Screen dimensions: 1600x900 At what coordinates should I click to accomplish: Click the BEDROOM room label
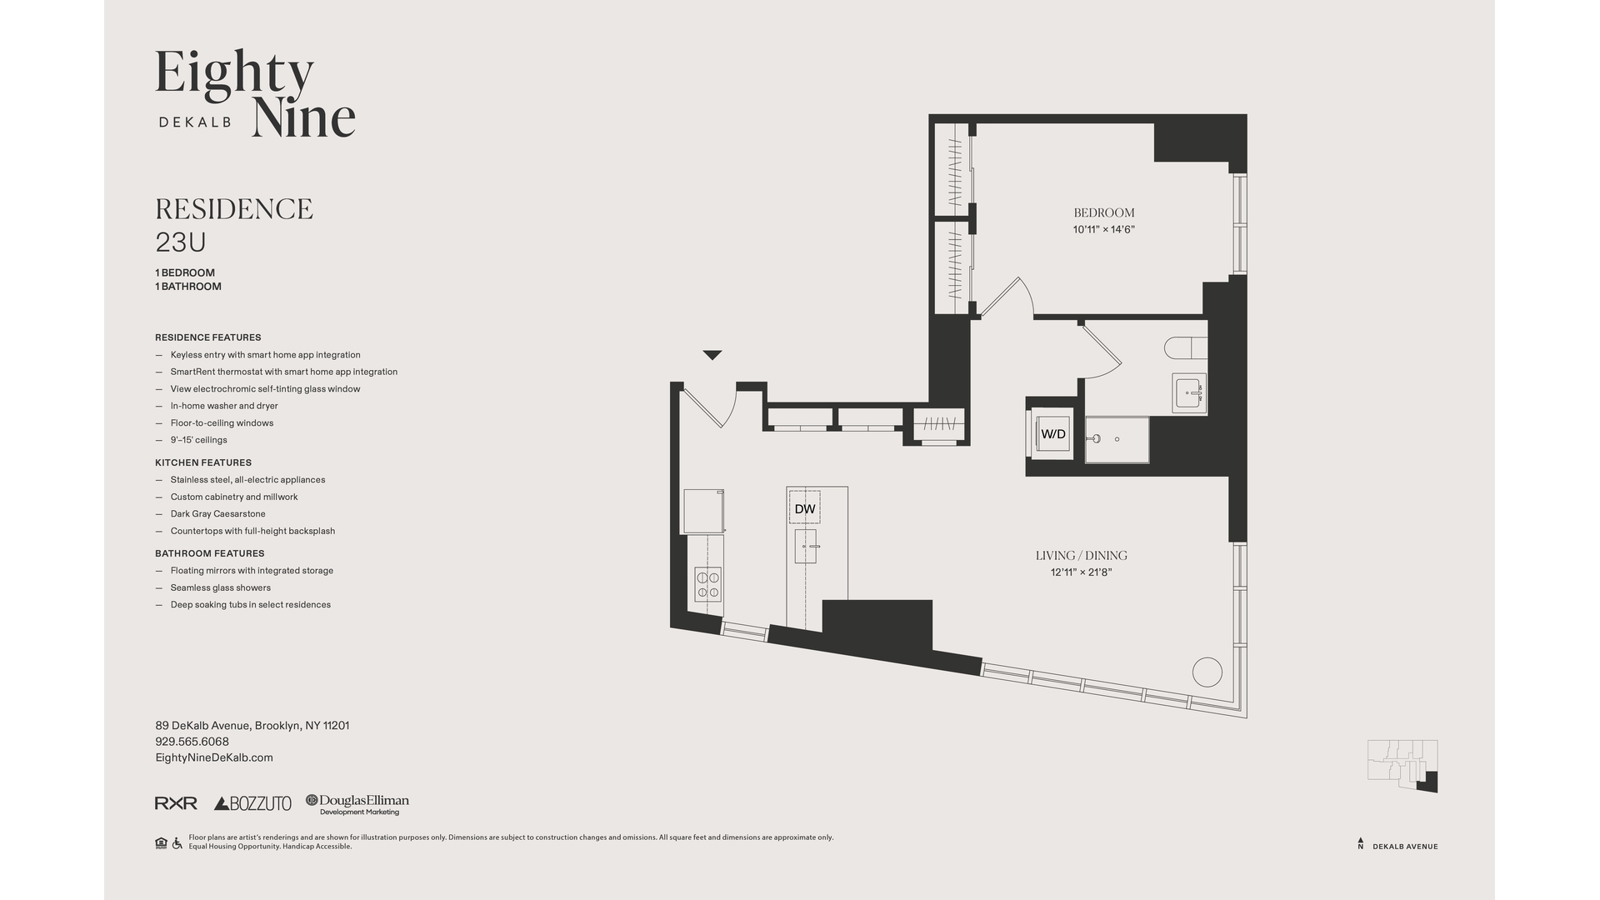pyautogui.click(x=1103, y=212)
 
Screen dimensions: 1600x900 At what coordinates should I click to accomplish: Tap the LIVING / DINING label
pyautogui.click(x=1081, y=555)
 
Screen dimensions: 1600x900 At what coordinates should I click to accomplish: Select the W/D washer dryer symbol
pyautogui.click(x=1053, y=433)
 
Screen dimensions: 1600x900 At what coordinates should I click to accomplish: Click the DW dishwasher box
pyautogui.click(x=804, y=507)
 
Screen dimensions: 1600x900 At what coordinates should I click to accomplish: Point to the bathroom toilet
pyautogui.click(x=1184, y=347)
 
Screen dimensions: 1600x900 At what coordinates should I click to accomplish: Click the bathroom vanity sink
pyautogui.click(x=1188, y=392)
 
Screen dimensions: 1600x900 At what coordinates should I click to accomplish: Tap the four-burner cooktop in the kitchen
pyautogui.click(x=708, y=584)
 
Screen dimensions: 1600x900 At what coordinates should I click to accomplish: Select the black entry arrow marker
pyautogui.click(x=712, y=355)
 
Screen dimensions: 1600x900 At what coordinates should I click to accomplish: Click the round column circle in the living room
pyautogui.click(x=1207, y=672)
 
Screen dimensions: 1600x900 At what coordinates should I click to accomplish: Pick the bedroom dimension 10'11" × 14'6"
pyautogui.click(x=1103, y=229)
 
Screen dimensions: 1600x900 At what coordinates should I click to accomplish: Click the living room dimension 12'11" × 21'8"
pyautogui.click(x=1081, y=572)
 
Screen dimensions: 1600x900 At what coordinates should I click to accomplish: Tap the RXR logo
pyautogui.click(x=176, y=803)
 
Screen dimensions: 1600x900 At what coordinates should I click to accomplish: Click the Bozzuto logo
pyautogui.click(x=252, y=803)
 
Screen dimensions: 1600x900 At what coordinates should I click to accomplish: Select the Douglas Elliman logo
pyautogui.click(x=357, y=804)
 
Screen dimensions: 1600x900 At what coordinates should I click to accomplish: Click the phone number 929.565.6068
pyautogui.click(x=192, y=742)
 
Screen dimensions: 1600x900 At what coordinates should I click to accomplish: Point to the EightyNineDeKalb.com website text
pyautogui.click(x=214, y=757)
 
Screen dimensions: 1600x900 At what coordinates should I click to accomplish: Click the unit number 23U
pyautogui.click(x=181, y=242)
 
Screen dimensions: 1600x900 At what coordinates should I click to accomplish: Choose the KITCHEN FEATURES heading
pyautogui.click(x=203, y=462)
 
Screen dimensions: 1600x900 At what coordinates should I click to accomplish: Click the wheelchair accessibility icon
pyautogui.click(x=177, y=843)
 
